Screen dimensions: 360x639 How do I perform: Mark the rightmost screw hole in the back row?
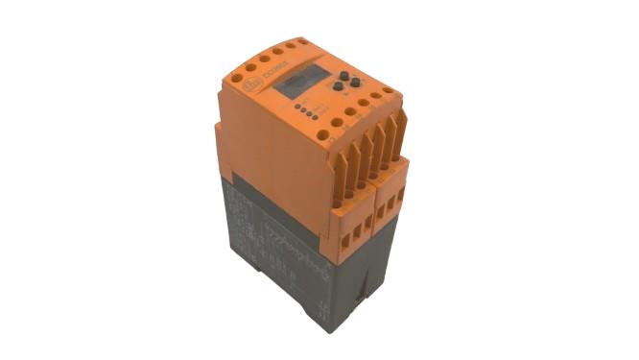coord(303,41)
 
